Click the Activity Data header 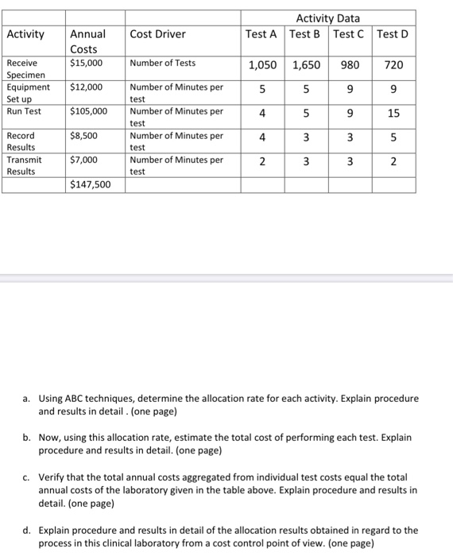point(328,18)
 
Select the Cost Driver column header point(157,34)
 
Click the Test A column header point(261,33)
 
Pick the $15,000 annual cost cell point(85,63)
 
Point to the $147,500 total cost point(91,185)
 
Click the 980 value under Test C point(350,65)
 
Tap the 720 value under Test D point(394,65)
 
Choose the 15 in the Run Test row point(394,114)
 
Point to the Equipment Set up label point(28,93)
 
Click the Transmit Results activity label point(25,165)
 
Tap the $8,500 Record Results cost point(84,136)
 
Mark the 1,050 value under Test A point(263,65)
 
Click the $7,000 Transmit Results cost point(84,160)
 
